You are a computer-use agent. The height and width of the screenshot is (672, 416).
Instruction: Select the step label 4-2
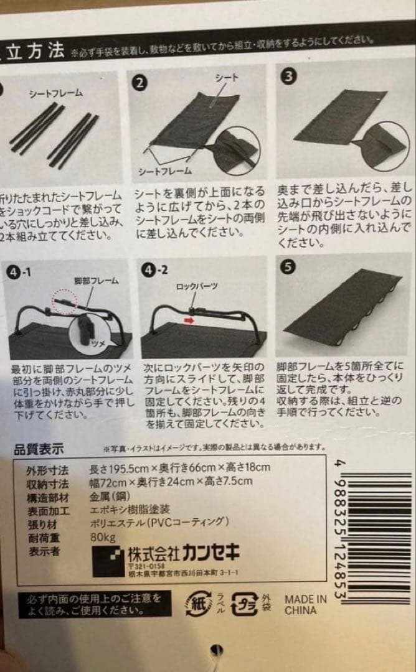tap(154, 271)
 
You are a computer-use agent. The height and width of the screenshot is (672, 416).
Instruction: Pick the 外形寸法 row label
tap(34, 468)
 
